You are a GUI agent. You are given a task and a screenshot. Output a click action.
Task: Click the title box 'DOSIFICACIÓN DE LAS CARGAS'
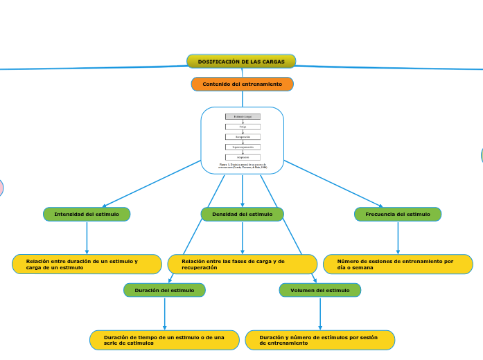click(x=241, y=62)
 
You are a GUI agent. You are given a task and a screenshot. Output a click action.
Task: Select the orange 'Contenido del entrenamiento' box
click(x=243, y=84)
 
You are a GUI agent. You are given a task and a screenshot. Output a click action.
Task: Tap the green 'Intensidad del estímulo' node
click(x=87, y=215)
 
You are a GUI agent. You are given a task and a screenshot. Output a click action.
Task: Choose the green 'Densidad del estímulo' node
click(x=243, y=215)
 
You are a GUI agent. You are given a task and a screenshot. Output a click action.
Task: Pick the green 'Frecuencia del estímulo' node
click(x=398, y=215)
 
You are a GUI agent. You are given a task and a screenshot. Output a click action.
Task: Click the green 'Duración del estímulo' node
click(x=164, y=290)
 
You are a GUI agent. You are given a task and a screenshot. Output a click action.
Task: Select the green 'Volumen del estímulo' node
click(x=320, y=290)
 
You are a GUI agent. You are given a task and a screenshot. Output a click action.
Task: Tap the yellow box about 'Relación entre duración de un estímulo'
click(x=87, y=264)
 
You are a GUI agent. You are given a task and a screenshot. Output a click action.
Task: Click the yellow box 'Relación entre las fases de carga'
click(x=243, y=264)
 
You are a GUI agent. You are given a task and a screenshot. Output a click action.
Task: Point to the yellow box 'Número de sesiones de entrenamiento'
click(x=398, y=264)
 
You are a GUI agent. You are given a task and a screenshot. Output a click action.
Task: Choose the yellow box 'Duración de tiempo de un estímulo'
click(x=164, y=340)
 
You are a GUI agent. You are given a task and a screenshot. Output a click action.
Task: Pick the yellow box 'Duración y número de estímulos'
click(x=320, y=340)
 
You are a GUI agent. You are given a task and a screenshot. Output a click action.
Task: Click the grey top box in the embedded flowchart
click(x=243, y=117)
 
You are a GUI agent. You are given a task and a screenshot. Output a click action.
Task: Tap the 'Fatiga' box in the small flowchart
click(x=243, y=127)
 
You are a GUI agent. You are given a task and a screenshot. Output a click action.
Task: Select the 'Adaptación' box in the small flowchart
click(x=243, y=157)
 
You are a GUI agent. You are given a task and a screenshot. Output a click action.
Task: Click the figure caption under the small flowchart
click(x=243, y=166)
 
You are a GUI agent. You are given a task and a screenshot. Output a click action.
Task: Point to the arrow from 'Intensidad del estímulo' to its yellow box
click(x=87, y=238)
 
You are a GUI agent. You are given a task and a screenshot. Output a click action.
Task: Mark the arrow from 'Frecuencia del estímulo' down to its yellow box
click(x=398, y=238)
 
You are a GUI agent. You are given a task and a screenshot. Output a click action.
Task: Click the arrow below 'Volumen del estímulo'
click(x=320, y=314)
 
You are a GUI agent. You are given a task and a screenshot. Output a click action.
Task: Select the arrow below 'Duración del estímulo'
click(x=164, y=314)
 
